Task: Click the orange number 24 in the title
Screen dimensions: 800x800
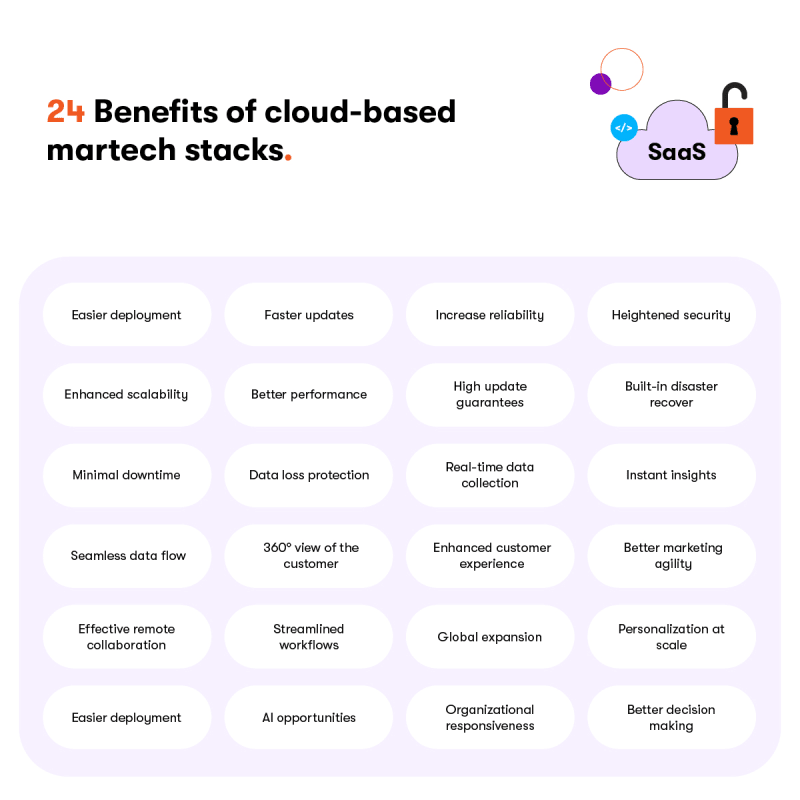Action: tap(65, 111)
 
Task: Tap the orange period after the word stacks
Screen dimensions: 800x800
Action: tap(288, 158)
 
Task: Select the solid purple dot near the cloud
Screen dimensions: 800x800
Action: tap(601, 84)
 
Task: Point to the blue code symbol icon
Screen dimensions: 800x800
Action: tap(624, 128)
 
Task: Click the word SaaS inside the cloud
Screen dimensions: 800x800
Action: tap(677, 152)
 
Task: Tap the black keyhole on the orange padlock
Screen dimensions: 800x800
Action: tap(734, 126)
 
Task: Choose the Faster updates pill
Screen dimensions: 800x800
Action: tap(309, 315)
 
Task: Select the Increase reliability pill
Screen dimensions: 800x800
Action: tap(490, 315)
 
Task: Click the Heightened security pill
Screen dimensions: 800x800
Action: tap(671, 315)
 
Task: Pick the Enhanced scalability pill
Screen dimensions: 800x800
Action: tap(127, 394)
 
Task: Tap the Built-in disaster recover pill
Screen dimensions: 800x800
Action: tap(671, 394)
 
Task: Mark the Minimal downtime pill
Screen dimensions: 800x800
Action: tap(127, 475)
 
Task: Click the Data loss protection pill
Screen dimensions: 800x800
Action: tap(309, 475)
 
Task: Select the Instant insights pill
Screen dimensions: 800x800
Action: tap(671, 475)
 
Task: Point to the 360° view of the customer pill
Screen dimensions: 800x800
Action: tap(309, 556)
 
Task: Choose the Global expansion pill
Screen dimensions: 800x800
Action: tap(490, 637)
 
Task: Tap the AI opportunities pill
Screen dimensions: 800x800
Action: tap(309, 717)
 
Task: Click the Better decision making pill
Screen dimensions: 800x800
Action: tap(671, 717)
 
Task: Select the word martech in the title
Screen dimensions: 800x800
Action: tap(111, 150)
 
